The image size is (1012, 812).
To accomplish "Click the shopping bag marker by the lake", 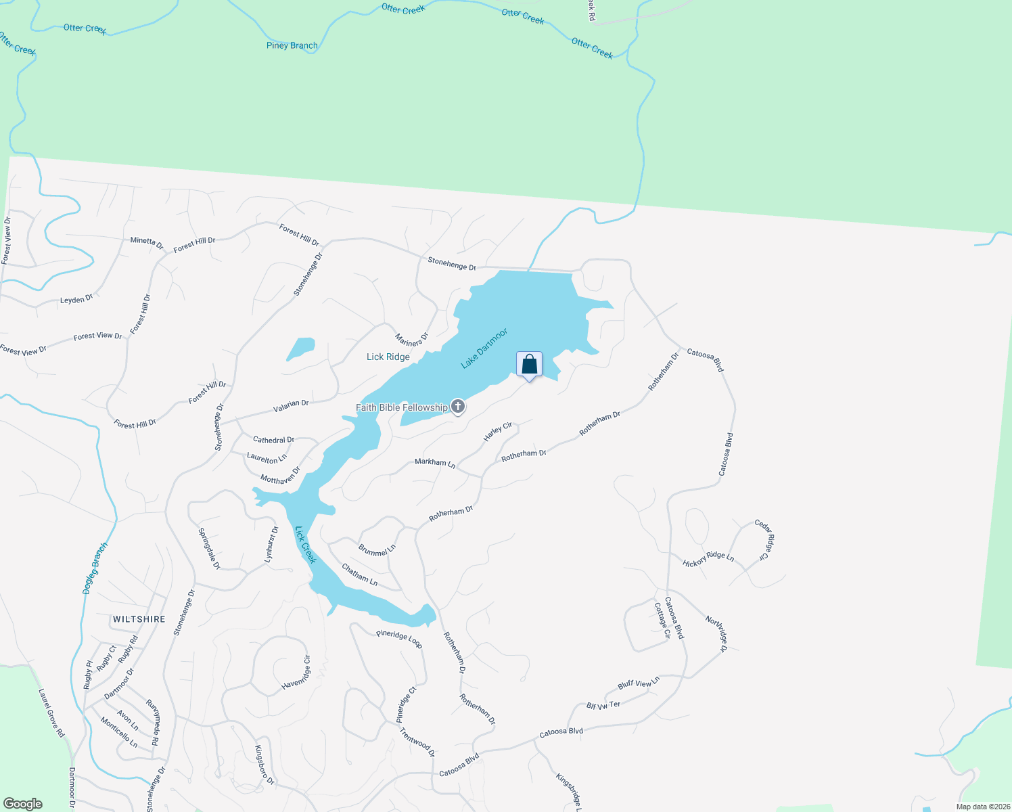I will [x=529, y=365].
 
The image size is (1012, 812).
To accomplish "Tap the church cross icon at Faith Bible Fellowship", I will [x=458, y=407].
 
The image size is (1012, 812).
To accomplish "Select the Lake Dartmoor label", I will [x=484, y=348].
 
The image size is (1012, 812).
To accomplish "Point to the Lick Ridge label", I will [x=388, y=357].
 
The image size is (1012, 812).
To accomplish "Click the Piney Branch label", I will [x=292, y=45].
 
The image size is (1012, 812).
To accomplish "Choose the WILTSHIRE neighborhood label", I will [x=139, y=619].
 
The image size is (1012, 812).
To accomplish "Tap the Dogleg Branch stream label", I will [x=95, y=568].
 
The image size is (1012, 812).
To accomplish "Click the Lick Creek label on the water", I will [x=306, y=545].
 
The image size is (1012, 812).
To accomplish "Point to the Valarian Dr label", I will [x=291, y=407].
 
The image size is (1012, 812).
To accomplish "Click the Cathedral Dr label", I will [x=273, y=440].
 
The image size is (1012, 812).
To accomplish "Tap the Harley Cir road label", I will [x=498, y=432].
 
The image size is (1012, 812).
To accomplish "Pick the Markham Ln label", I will [x=435, y=463].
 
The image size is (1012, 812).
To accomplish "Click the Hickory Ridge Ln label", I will [x=708, y=559].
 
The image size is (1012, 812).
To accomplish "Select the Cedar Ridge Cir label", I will [x=764, y=539].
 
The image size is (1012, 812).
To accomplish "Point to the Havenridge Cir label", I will [x=296, y=673].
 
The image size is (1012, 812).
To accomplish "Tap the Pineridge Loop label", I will [x=399, y=639].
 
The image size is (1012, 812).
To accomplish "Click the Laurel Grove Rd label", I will [x=51, y=713].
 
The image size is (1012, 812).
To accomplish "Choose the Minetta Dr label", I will [x=147, y=243].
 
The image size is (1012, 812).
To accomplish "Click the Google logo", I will [x=22, y=804].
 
